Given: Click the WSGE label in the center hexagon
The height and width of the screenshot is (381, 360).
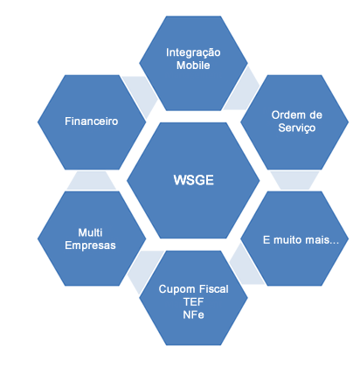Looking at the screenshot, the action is [193, 180].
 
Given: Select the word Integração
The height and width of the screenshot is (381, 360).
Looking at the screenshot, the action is [193, 53].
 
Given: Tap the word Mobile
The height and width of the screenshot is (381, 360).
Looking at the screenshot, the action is [193, 66].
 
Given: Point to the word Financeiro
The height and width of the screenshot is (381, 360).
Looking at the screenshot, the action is [91, 121].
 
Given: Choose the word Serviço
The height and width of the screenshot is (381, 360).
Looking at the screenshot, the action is [297, 128].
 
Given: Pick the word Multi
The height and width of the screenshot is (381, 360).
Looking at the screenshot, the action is [90, 232].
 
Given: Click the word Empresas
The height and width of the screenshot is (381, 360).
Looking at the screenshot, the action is [90, 246].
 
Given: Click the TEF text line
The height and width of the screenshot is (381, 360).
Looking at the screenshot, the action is [193, 301].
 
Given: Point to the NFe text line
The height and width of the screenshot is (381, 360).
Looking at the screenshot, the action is [193, 315].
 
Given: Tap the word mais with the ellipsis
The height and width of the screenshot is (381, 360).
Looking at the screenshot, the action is [322, 240].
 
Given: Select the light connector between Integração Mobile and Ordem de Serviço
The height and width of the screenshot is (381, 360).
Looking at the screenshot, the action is [243, 90].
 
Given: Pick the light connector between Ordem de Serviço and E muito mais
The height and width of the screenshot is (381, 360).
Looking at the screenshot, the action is [294, 180].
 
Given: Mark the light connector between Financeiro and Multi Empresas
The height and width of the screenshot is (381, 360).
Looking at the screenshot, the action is [92, 180].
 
